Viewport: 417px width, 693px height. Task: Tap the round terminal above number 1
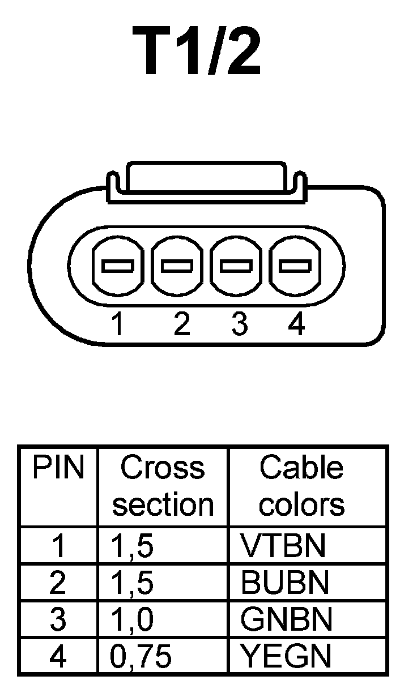(117, 264)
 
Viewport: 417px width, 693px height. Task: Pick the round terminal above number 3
(236, 264)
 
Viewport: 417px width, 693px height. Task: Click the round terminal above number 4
(296, 264)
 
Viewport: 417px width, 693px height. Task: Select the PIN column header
(58, 469)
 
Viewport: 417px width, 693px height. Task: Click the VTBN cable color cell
(283, 545)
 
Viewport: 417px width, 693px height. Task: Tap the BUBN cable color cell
(284, 583)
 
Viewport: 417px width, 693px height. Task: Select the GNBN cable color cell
(286, 620)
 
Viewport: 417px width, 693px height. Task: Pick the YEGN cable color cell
(286, 656)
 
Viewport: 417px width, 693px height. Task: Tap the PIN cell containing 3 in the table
(58, 620)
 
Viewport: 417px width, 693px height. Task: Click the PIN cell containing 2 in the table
(58, 583)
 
